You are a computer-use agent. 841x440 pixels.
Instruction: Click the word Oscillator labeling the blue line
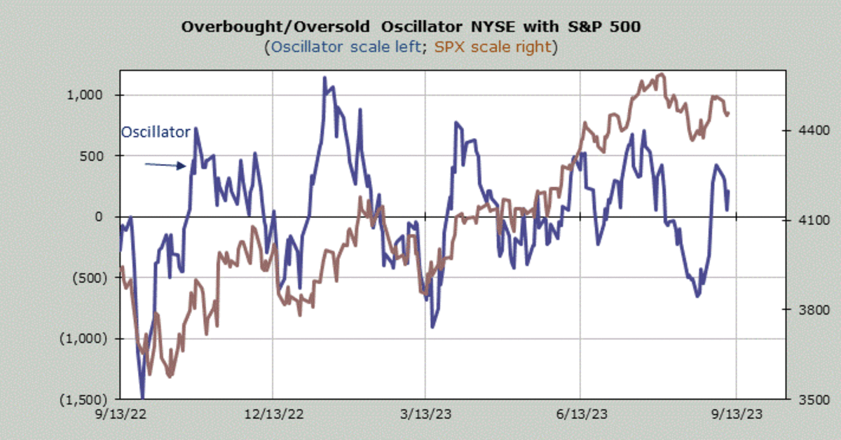click(x=156, y=132)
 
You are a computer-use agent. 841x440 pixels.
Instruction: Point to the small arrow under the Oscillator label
click(x=165, y=165)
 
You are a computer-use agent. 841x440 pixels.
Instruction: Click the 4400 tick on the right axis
click(x=805, y=131)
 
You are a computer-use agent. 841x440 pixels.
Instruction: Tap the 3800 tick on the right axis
click(x=805, y=310)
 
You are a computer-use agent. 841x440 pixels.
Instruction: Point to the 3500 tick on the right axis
click(x=805, y=399)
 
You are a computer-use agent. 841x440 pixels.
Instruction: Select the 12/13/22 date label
click(x=273, y=413)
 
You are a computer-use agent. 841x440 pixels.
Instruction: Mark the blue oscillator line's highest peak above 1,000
click(x=324, y=78)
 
